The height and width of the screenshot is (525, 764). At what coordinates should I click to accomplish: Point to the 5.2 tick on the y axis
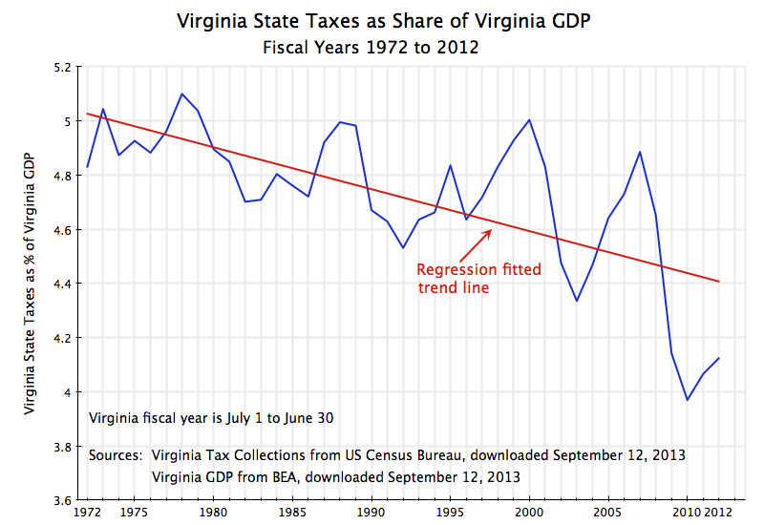pyautogui.click(x=62, y=68)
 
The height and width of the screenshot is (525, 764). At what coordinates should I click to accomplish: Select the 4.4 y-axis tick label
pyautogui.click(x=62, y=284)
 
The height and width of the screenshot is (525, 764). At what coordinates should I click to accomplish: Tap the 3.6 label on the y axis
pyautogui.click(x=62, y=500)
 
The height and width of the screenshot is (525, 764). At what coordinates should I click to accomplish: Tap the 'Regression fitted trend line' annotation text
pyautogui.click(x=478, y=278)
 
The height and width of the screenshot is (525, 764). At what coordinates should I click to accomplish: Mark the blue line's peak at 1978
pyautogui.click(x=182, y=94)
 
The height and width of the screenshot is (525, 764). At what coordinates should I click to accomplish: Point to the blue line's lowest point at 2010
pyautogui.click(x=687, y=399)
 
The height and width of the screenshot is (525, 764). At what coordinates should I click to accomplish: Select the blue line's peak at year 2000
pyautogui.click(x=529, y=119)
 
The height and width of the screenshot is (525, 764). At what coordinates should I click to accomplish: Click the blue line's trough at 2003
pyautogui.click(x=576, y=301)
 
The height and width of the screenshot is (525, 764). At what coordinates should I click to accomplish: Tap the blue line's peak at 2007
pyautogui.click(x=639, y=152)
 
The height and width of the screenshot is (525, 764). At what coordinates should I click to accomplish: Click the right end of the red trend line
pyautogui.click(x=718, y=282)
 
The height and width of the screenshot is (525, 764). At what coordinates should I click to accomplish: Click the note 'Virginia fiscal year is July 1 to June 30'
pyautogui.click(x=210, y=418)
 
